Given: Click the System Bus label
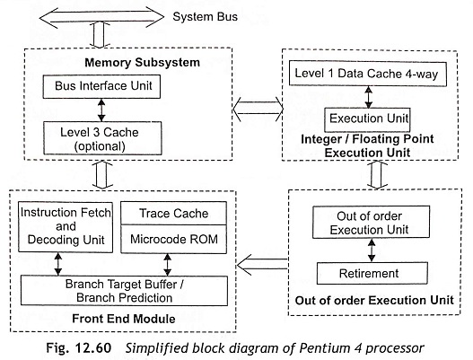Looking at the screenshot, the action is (x=206, y=16).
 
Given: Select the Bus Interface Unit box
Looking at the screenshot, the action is (x=101, y=86).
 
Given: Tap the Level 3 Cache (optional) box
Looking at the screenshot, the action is (x=102, y=138).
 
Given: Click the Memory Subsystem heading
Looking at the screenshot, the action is (x=143, y=63).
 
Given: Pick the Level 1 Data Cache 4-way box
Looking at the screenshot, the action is (x=368, y=74).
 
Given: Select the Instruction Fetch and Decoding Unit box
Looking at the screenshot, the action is (x=66, y=227).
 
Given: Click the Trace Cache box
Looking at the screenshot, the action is (x=173, y=214).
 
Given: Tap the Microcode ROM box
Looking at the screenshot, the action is (x=173, y=239).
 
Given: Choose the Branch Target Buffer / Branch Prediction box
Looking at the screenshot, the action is (x=124, y=291).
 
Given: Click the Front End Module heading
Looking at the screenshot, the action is (x=124, y=319).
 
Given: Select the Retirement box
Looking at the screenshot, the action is (x=372, y=274).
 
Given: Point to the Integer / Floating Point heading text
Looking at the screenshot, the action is (x=367, y=139).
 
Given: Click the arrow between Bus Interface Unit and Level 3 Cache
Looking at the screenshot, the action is (x=101, y=110).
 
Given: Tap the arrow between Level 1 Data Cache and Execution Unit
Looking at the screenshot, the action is (x=368, y=97).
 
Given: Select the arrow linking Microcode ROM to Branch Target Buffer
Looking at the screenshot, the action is (x=168, y=265).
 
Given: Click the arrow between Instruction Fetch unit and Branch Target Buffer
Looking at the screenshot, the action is (x=58, y=264).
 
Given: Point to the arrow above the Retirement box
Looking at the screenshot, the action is (x=372, y=250).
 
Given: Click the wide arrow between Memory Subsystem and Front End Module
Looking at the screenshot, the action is (x=102, y=175).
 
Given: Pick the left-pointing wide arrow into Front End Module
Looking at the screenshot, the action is (x=262, y=265).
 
